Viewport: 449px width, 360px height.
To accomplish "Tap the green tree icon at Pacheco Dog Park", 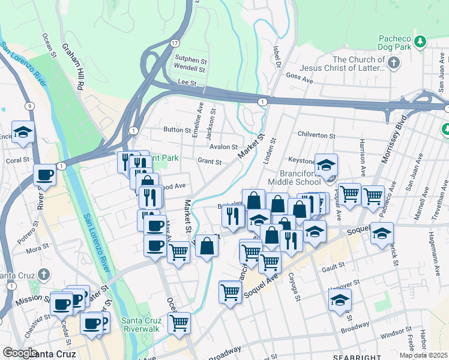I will point(421,41).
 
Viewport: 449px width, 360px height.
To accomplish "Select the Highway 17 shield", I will point(174,43).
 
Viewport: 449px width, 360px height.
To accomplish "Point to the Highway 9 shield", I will point(29,106).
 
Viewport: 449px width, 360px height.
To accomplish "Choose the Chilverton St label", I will point(315,136).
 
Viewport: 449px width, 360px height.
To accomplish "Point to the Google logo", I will point(20,352).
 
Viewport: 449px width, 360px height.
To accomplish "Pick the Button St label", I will point(176,130).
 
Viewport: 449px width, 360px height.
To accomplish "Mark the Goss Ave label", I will point(300,77).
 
